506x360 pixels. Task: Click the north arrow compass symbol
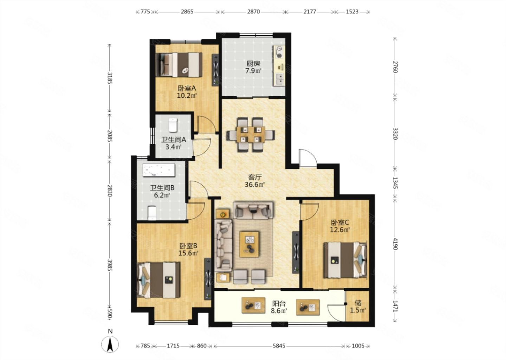point(110,344)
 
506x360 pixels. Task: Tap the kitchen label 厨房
point(253,64)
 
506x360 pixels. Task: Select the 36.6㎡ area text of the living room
point(254,185)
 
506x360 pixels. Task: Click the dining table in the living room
point(251,134)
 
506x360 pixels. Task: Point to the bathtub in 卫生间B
point(159,170)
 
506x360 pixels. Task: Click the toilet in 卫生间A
point(173,125)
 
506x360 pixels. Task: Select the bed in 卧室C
point(345,260)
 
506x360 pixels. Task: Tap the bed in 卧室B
point(159,280)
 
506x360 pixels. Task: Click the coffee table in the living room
point(249,244)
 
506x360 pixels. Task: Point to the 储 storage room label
point(358,303)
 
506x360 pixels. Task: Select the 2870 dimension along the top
point(253,12)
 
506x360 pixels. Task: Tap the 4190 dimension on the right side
point(395,244)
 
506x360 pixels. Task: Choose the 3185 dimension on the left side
point(110,78)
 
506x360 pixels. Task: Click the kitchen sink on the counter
point(280,79)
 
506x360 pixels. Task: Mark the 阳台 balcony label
point(279,303)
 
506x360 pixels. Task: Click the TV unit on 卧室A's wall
point(215,70)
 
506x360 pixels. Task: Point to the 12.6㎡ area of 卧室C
point(340,230)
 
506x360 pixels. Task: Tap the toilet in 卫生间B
point(152,213)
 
